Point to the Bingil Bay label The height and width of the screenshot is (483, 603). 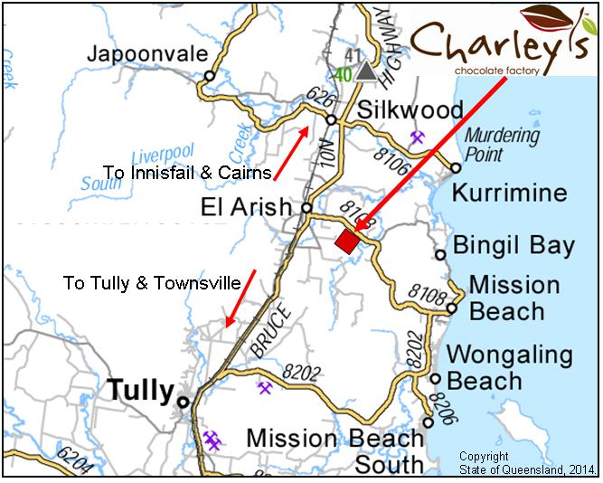(513, 245)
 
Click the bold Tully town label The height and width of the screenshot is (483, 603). (140, 391)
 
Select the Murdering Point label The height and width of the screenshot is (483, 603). (502, 145)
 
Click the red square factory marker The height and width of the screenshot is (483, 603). (346, 242)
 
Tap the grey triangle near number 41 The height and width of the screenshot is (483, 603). (365, 71)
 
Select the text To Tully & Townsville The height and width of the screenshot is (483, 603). (152, 283)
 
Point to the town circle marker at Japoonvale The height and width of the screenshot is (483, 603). (210, 76)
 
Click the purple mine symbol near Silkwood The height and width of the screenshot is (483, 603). (418, 137)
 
